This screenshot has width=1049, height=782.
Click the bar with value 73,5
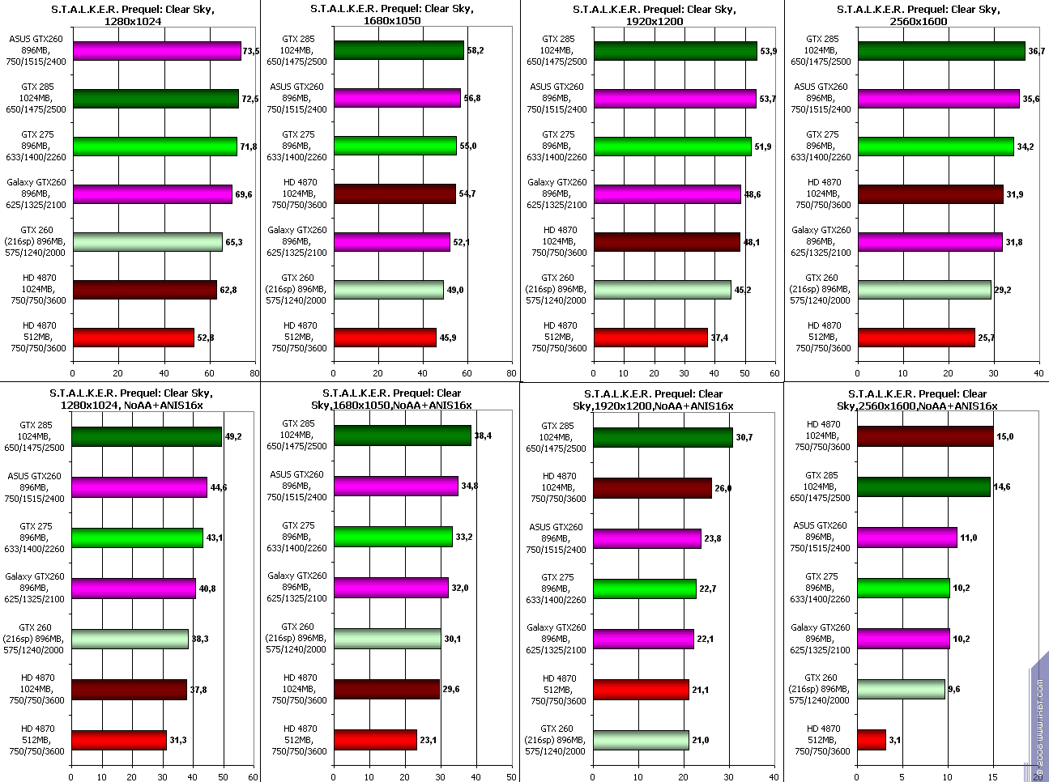tap(156, 51)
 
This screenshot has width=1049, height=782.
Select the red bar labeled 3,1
tap(872, 740)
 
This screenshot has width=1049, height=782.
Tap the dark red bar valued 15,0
tap(925, 436)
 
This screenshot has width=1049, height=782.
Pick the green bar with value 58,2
tap(399, 50)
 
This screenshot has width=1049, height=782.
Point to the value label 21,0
tap(701, 741)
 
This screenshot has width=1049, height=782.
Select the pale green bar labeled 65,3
tap(147, 242)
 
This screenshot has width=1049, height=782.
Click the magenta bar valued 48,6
tap(667, 194)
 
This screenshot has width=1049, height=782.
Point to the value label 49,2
tap(233, 437)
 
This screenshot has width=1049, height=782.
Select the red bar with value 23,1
tap(375, 740)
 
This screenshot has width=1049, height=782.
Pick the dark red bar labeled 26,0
tap(652, 488)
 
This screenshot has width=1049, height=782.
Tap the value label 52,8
tap(206, 338)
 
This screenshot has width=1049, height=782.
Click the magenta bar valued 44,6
tap(139, 487)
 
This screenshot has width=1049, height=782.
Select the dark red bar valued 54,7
tap(394, 194)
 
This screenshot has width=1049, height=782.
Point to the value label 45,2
tap(742, 290)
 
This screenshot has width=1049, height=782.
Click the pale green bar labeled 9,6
tap(901, 690)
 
